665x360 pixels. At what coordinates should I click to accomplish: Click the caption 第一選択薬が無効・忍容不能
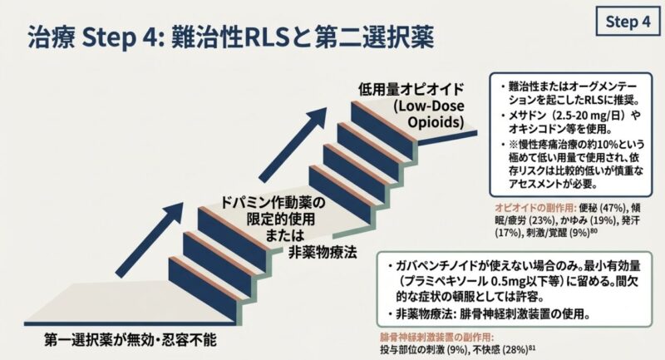tap(126, 339)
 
